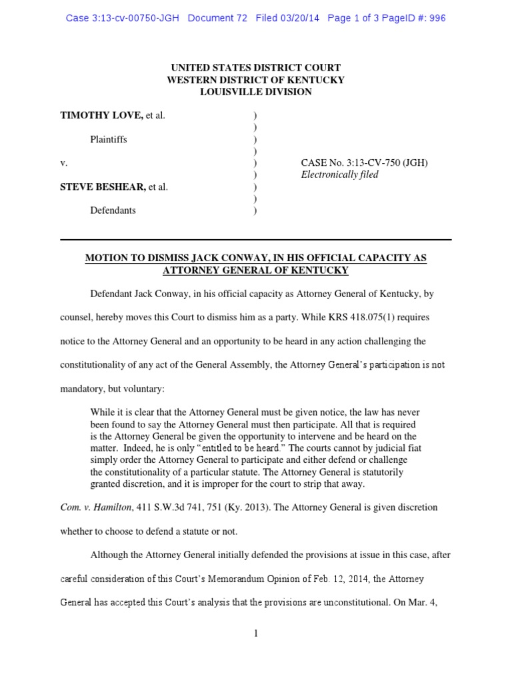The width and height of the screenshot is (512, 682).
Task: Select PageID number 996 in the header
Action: pyautogui.click(x=437, y=18)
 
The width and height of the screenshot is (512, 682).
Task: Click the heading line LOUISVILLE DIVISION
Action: pyautogui.click(x=256, y=92)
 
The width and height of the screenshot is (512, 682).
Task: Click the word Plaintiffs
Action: pyautogui.click(x=109, y=140)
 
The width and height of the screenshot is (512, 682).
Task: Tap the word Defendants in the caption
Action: pyautogui.click(x=113, y=210)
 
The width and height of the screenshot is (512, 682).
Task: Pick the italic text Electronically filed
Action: pyautogui.click(x=340, y=174)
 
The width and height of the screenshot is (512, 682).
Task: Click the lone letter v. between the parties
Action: pyautogui.click(x=63, y=163)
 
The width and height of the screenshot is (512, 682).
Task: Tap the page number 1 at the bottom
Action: pyautogui.click(x=255, y=633)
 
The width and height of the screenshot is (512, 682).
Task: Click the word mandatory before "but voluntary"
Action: pyautogui.click(x=83, y=388)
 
